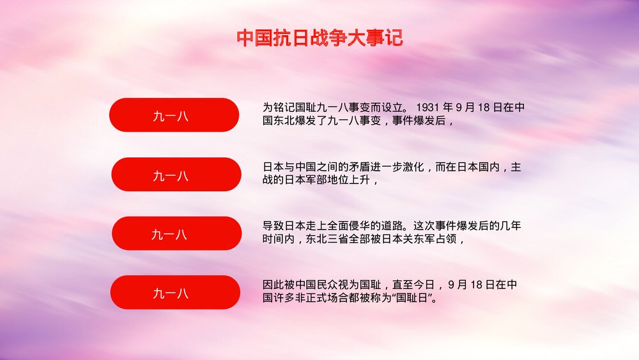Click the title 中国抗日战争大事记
319,38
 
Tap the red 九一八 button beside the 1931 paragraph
174,115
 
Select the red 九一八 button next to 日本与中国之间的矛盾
176,175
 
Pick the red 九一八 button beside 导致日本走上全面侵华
176,233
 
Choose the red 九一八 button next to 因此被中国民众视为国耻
175,292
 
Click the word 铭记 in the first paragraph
282,107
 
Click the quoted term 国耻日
412,298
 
